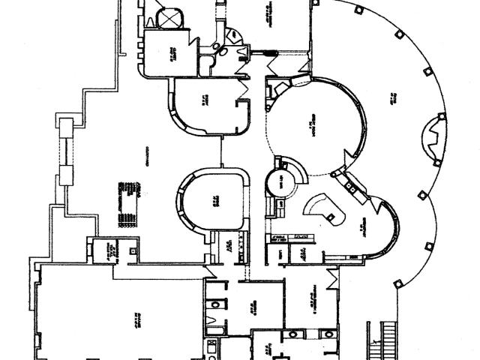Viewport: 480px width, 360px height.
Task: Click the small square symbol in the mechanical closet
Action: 133,252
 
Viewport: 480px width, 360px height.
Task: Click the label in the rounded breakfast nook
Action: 361,225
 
